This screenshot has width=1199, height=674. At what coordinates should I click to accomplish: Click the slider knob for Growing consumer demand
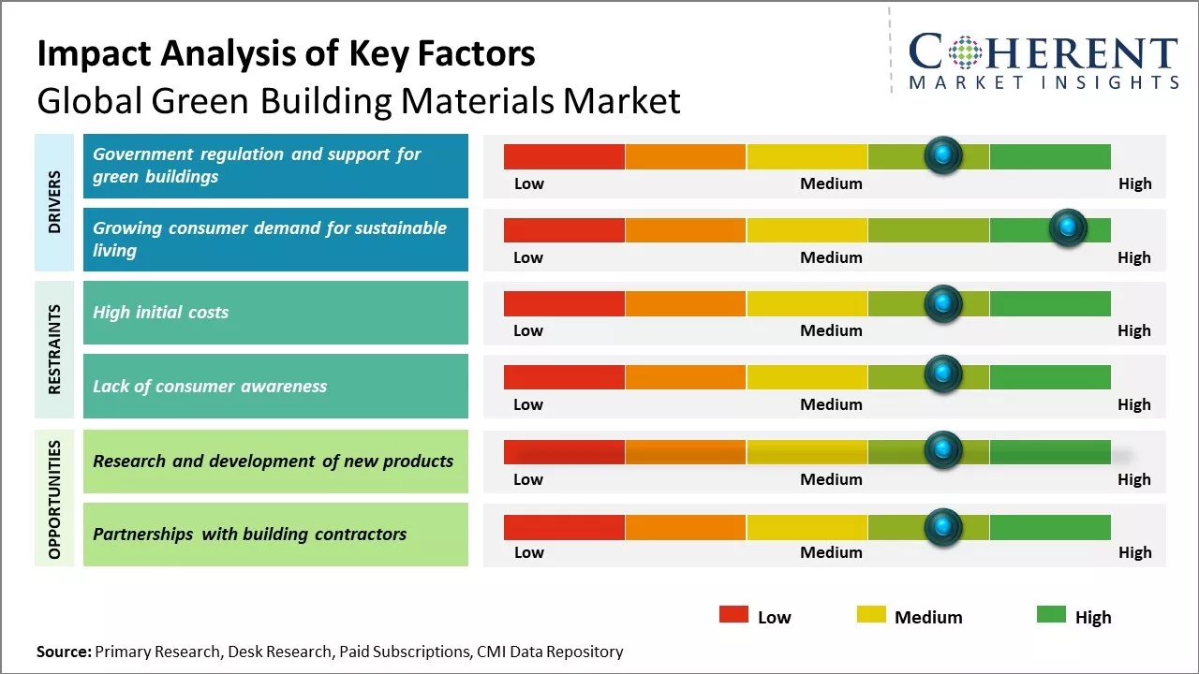(x=1067, y=227)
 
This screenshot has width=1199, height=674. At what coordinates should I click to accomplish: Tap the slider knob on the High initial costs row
(x=943, y=302)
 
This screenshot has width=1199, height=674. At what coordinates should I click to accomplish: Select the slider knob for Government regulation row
(x=943, y=154)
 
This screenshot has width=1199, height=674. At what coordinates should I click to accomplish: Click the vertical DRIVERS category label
(x=54, y=202)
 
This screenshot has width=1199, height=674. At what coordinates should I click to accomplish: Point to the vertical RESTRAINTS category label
(x=54, y=349)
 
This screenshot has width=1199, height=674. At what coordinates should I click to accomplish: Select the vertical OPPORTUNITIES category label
(x=54, y=499)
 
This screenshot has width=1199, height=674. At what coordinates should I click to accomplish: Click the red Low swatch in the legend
(x=733, y=615)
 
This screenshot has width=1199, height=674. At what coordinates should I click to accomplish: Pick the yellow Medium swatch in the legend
(x=871, y=615)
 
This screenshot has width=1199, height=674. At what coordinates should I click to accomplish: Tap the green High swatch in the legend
(x=1051, y=615)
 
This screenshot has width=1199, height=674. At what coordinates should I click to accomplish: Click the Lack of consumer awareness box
(x=275, y=386)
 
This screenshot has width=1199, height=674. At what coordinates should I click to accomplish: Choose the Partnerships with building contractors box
(x=275, y=535)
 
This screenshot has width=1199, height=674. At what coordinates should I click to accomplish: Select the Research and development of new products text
(x=273, y=461)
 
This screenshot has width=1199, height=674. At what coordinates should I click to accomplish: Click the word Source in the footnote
(x=64, y=652)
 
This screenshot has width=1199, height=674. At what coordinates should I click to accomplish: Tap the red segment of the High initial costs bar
(x=564, y=303)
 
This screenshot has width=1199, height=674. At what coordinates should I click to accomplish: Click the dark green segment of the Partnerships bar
(x=1049, y=527)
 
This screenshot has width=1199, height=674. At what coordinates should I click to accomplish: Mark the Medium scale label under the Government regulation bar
(x=831, y=183)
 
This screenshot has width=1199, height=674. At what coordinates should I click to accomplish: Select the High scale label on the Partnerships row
(x=1134, y=552)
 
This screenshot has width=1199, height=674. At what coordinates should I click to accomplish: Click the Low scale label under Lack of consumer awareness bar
(x=528, y=404)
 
